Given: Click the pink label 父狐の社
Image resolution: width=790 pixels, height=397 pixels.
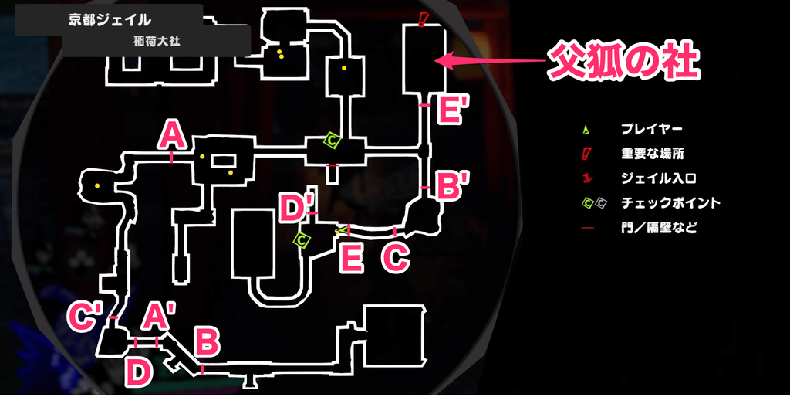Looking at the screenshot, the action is [623, 61].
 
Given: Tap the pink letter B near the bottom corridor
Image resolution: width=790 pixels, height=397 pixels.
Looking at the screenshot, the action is [206, 340].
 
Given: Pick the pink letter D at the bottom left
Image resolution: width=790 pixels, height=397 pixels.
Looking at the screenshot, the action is [138, 372].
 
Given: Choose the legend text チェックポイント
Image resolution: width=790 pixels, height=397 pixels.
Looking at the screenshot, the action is [670, 203].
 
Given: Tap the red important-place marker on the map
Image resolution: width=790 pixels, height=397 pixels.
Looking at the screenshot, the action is [423, 18].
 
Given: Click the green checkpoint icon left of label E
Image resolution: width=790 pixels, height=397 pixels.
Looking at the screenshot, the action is [302, 240].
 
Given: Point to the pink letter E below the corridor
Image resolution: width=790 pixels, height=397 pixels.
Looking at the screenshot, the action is [351, 258].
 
